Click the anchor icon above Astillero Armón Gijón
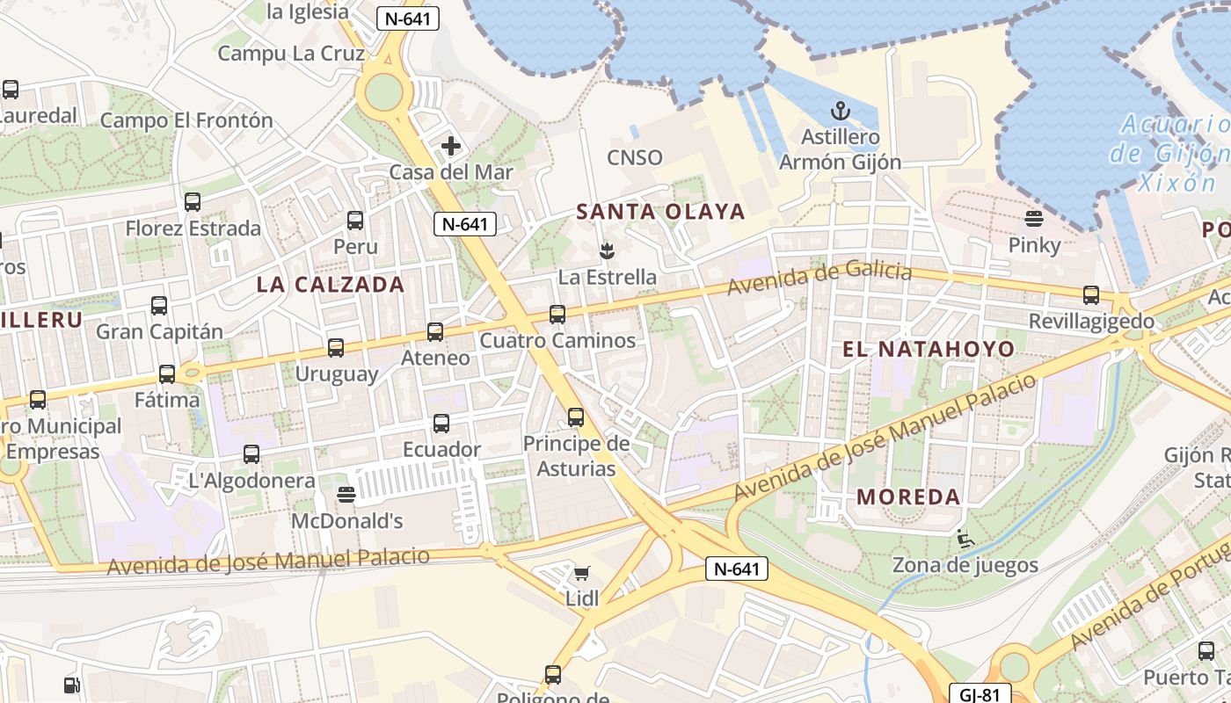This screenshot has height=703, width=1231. [841, 111]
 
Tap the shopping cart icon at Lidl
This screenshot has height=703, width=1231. [581, 574]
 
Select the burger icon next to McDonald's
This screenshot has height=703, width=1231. [346, 495]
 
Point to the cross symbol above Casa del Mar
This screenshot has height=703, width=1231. [451, 145]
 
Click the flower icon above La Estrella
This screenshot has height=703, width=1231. [606, 251]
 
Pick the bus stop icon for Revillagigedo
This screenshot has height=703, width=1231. [1091, 294]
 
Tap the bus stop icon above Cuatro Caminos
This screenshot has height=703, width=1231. [557, 314]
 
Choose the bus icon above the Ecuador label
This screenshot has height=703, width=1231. [441, 424]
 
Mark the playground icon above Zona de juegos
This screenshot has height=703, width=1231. [965, 539]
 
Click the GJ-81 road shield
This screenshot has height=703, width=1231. [980, 694]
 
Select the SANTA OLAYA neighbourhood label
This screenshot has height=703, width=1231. [660, 211]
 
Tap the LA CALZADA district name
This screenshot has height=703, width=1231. [331, 284]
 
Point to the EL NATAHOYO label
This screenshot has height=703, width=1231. [929, 349]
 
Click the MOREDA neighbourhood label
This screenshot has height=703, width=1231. [908, 496]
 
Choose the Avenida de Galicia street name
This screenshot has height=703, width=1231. [819, 278]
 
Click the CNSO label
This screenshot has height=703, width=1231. [635, 157]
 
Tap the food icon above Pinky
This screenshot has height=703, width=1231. [1034, 218]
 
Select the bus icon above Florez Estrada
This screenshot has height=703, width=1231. [193, 202]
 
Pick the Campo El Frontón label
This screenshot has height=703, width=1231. [186, 120]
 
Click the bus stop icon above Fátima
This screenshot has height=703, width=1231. [167, 374]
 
